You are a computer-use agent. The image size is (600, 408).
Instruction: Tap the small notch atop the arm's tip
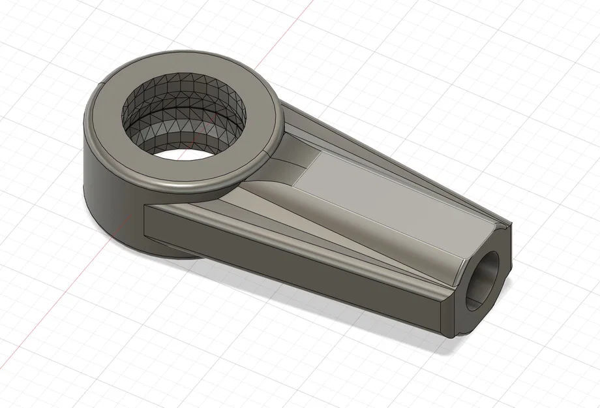pyautogui.click(x=505, y=226)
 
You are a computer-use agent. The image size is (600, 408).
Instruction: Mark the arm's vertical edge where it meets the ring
pyautogui.click(x=142, y=222)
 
